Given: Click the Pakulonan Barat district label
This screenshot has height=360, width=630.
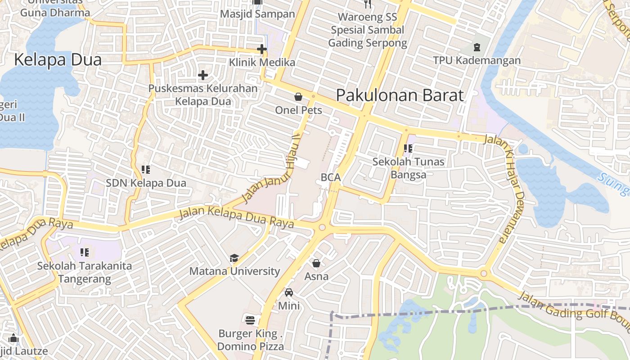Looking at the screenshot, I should (x=400, y=95).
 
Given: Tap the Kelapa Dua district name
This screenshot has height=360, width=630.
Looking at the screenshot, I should (x=58, y=59).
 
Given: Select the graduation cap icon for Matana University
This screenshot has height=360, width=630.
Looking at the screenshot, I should (x=234, y=258).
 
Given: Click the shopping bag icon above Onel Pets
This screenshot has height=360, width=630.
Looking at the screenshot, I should (x=298, y=97).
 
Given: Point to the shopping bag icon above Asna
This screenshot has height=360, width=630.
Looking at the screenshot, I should (x=316, y=263).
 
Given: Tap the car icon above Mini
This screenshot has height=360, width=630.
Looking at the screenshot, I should (x=289, y=292).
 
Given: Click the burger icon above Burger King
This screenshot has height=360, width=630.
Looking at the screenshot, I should (x=251, y=320).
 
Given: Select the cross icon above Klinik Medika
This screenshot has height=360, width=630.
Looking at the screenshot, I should (x=262, y=49).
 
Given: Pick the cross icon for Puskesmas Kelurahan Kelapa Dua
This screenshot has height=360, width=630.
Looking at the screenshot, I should (x=203, y=75).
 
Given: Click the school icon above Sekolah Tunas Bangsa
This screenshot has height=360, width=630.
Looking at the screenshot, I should (x=409, y=148).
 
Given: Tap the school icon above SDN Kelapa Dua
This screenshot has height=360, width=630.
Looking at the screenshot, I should (x=146, y=170).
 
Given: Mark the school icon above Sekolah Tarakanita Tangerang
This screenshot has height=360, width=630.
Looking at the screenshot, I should (x=85, y=252).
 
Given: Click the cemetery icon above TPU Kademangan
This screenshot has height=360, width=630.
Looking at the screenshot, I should (x=477, y=47).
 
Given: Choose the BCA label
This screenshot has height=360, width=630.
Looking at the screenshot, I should (x=331, y=178).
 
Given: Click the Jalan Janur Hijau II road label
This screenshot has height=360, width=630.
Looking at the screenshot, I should (x=271, y=169).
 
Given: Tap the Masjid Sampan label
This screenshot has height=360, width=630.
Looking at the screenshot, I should (x=257, y=14).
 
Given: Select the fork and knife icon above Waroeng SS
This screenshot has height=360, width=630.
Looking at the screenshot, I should (x=368, y=4).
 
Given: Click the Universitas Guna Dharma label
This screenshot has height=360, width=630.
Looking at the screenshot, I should (x=55, y=8).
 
